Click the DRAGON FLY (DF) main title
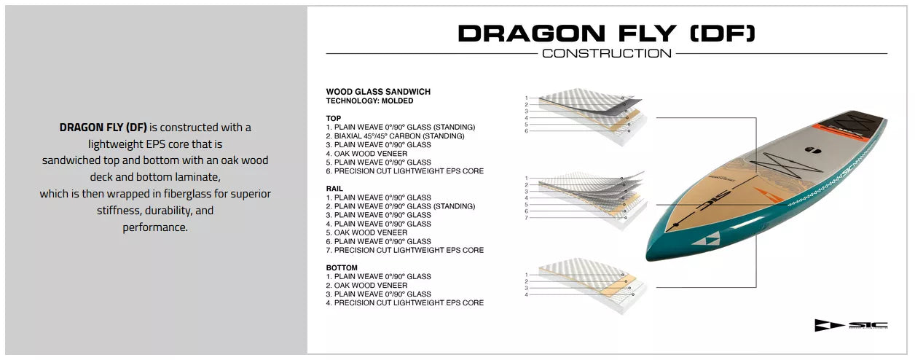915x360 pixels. click(607, 33)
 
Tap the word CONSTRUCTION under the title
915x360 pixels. click(607, 53)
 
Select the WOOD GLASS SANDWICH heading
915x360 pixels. click(378, 92)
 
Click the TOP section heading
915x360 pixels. click(334, 119)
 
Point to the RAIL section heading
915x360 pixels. click(334, 189)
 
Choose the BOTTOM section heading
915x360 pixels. click(342, 268)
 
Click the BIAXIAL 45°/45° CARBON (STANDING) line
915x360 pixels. click(396, 136)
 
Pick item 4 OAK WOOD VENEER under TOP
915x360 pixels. click(367, 154)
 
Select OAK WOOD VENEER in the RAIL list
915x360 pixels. click(367, 232)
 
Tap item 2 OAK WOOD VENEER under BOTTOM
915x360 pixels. click(367, 285)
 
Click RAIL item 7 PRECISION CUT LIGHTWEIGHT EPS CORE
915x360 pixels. click(405, 250)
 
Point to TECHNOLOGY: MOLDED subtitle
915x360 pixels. click(369, 101)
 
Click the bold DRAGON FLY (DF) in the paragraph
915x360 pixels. click(103, 128)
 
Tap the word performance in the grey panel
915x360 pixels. click(155, 227)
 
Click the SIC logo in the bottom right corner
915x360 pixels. click(852, 325)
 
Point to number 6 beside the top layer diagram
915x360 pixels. click(527, 131)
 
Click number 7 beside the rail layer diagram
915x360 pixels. click(527, 218)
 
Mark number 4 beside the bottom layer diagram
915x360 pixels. click(527, 294)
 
